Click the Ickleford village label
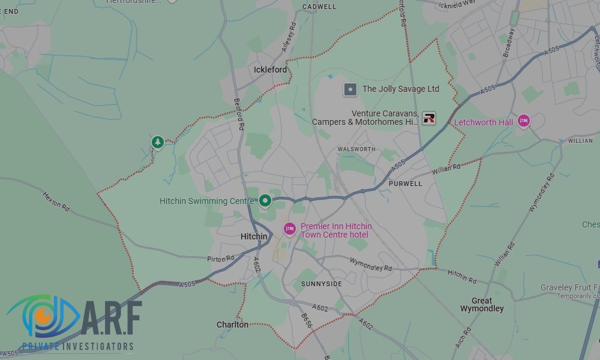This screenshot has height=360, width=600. pos(270,70)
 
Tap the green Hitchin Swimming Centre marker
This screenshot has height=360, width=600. pos(265,200)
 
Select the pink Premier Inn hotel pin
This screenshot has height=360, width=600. pos(290,229)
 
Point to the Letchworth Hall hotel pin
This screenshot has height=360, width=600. pos(524,121)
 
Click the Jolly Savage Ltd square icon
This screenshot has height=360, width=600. pos(350,89)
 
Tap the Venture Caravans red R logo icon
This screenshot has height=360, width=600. pos(429,118)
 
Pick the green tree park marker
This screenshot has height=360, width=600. pos(157,142)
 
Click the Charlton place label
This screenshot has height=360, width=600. pos(232,325)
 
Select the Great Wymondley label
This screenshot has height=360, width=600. pos(482,305)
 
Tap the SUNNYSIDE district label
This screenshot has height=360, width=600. pos(322,284)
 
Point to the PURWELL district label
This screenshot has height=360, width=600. pos(406,184)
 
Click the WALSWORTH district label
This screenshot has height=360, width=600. pos(356,149)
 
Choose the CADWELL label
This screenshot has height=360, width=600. pos(320,7)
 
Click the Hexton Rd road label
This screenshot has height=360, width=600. pos(56,200)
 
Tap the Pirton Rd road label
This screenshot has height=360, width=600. pos(220,259)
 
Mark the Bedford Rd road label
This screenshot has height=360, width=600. pos(239,114)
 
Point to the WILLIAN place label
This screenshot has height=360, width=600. pos(580,140)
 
